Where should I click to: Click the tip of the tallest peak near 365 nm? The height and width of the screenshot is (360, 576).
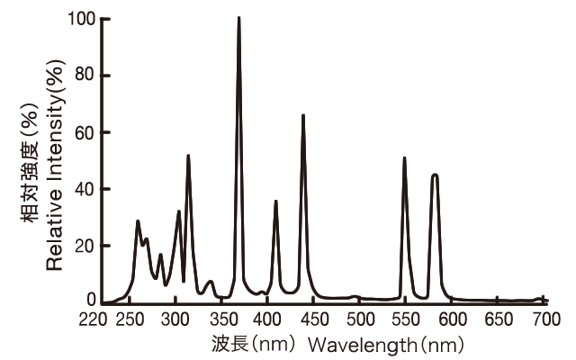(x=238, y=18)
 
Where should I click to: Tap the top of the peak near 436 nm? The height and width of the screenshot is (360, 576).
(x=303, y=115)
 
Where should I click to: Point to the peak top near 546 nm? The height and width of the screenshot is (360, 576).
(x=404, y=158)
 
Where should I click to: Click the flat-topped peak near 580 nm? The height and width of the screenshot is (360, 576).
(x=435, y=175)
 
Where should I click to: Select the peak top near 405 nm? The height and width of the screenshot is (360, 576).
(x=276, y=202)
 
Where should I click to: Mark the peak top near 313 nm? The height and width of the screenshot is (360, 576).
(x=188, y=156)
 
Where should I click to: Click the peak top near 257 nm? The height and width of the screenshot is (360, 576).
(x=138, y=220)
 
